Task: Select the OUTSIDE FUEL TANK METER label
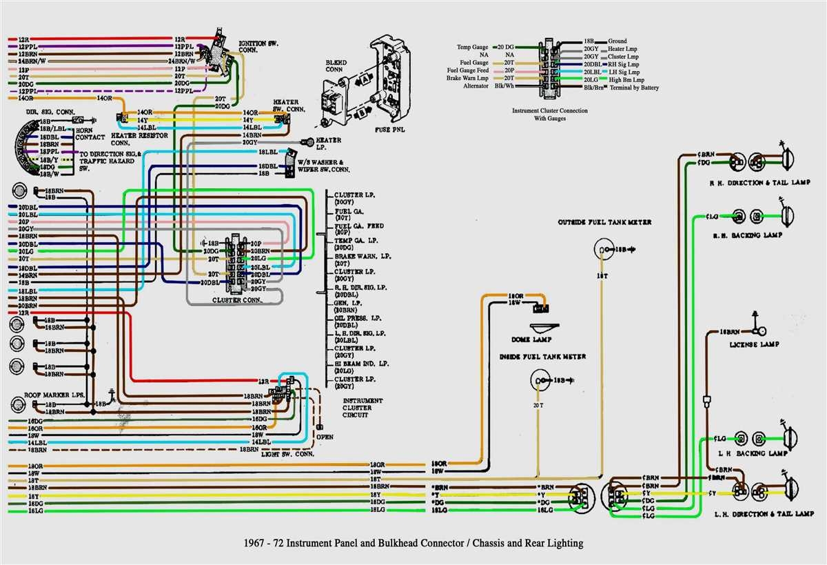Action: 605,222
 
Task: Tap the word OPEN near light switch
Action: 325,437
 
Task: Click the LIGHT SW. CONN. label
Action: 287,454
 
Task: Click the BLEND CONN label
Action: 336,65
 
